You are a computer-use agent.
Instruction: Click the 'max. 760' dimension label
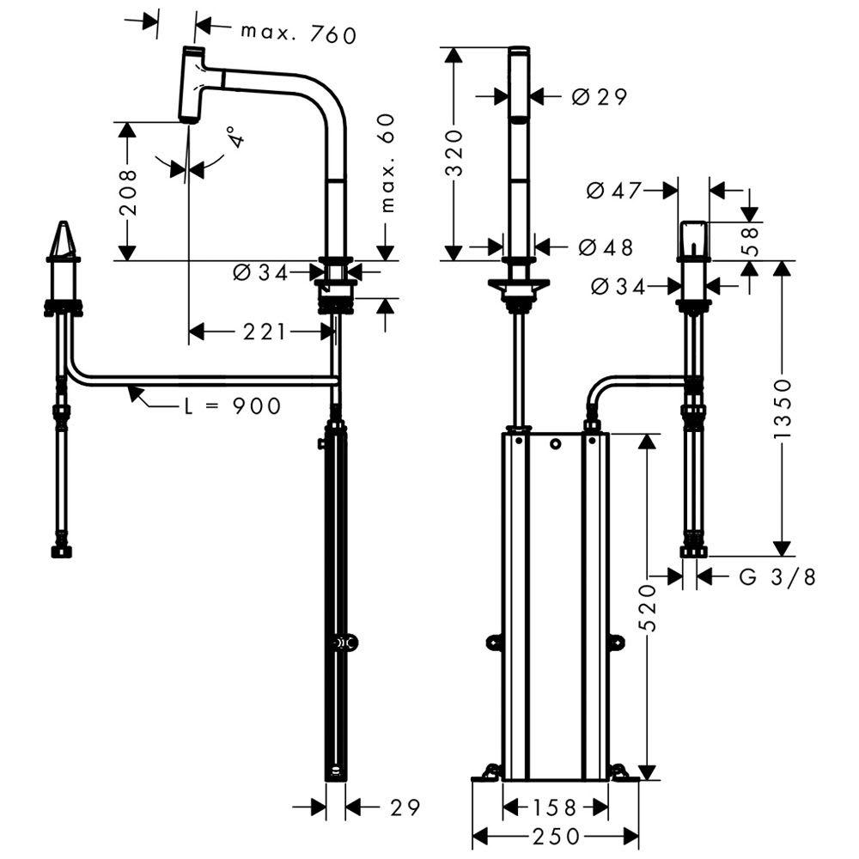pyautogui.click(x=297, y=34)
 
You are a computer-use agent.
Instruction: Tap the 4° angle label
pyautogui.click(x=230, y=138)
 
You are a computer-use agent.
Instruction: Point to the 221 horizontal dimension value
pyautogui.click(x=263, y=331)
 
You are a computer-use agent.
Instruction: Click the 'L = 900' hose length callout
pyautogui.click(x=232, y=405)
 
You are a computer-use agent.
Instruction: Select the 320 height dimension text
pyautogui.click(x=454, y=153)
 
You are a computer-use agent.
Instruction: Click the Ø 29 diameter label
pyautogui.click(x=599, y=97)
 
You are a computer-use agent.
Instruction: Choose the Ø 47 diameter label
pyautogui.click(x=614, y=190)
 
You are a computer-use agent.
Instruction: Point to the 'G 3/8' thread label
pyautogui.click(x=777, y=576)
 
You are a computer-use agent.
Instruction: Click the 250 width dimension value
pyautogui.click(x=555, y=836)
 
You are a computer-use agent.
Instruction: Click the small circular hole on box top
pyautogui.click(x=555, y=443)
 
